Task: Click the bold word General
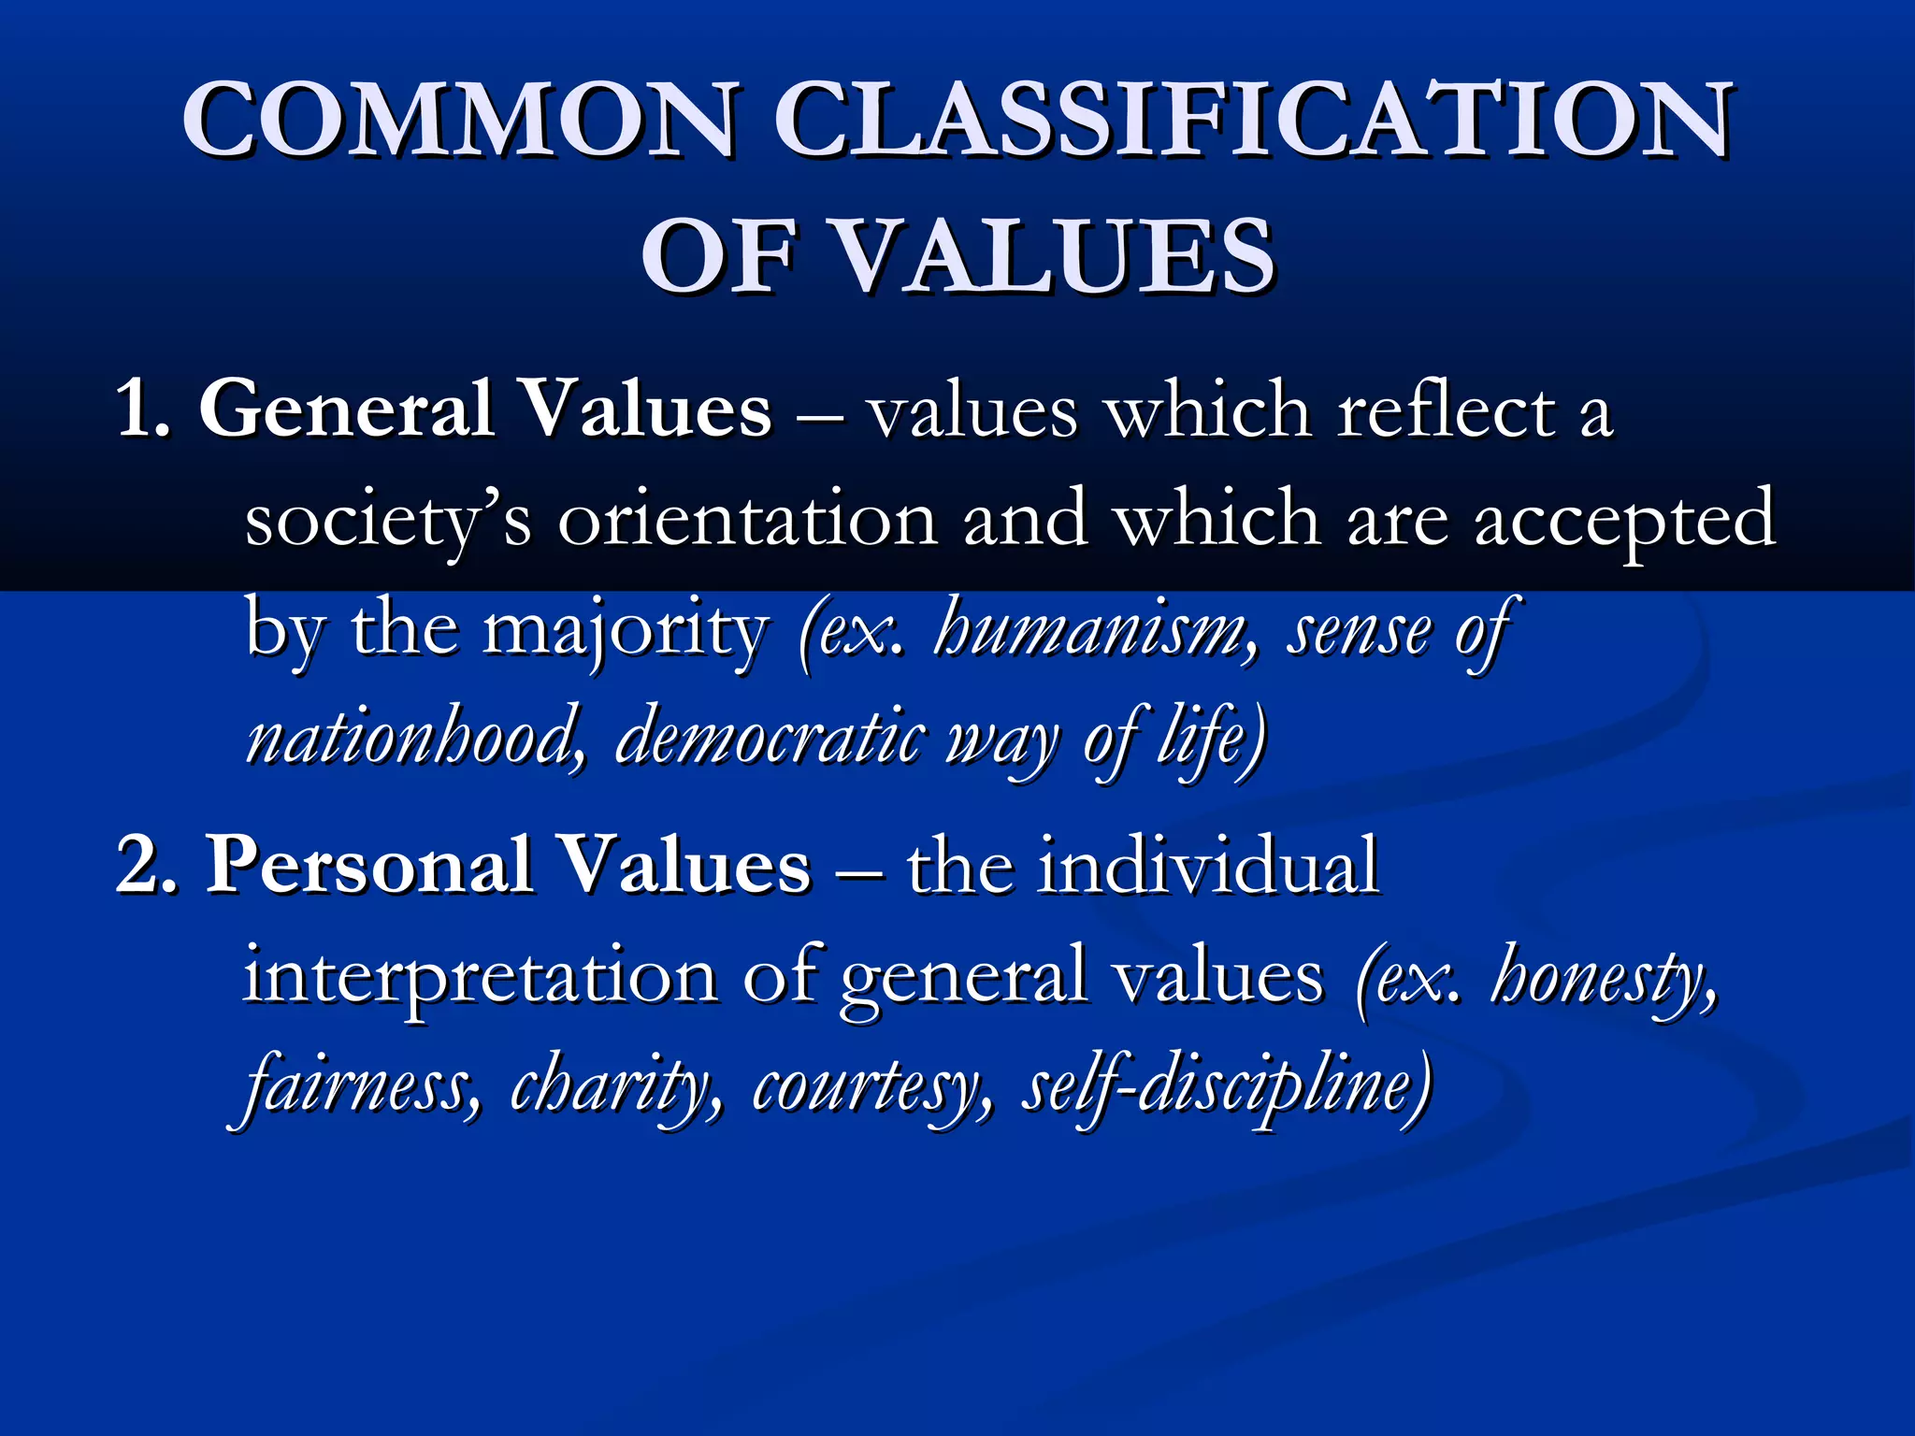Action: coord(347,409)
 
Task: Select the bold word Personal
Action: coord(369,865)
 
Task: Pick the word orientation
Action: coord(748,520)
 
